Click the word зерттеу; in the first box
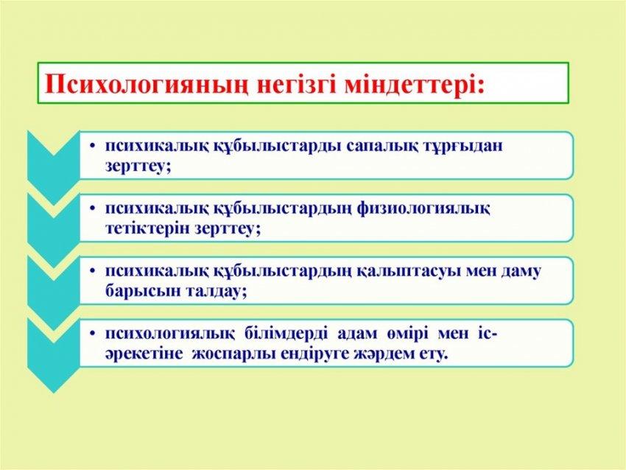click(x=138, y=166)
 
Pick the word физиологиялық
click(x=423, y=208)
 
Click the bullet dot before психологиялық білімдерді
click(x=93, y=334)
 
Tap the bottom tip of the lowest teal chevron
click(x=54, y=393)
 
